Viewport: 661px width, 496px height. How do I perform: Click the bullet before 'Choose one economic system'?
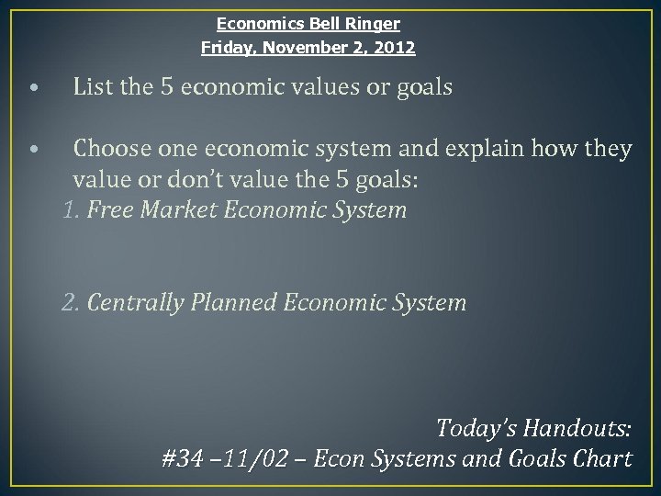coord(33,149)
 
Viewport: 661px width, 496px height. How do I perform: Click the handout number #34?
coord(181,458)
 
